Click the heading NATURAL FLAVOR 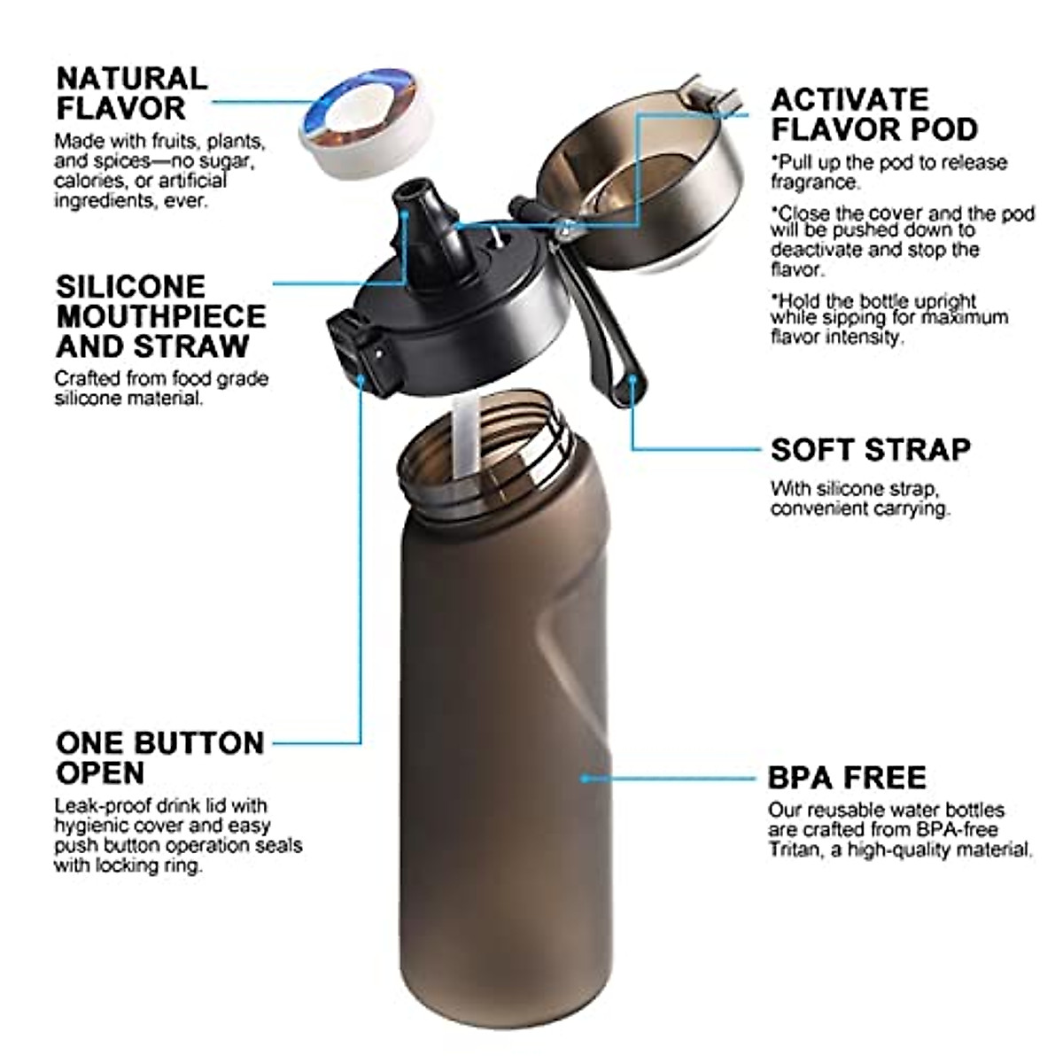coord(131,93)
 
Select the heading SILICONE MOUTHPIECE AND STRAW coord(160,316)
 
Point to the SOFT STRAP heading coord(870,450)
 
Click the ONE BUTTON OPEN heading coord(159,757)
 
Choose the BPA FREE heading coord(847,778)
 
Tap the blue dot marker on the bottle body coord(585,778)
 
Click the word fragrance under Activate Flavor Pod coord(814,182)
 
